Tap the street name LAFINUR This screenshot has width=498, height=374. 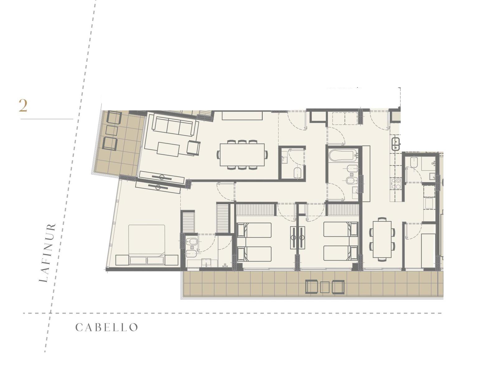click(x=47, y=253)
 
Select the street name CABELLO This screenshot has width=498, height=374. click(x=107, y=327)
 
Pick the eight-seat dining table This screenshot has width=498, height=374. click(x=242, y=155)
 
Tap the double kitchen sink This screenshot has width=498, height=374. click(x=396, y=144)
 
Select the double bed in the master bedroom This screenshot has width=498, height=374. click(x=147, y=244)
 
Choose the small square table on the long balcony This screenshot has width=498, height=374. click(x=325, y=287)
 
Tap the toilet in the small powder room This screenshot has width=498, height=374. click(x=297, y=173)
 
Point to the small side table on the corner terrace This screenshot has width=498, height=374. click(x=112, y=131)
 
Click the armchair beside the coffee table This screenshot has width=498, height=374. click(x=194, y=148)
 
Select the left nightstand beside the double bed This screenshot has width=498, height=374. click(x=122, y=260)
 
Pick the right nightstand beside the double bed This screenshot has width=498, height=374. click(x=171, y=260)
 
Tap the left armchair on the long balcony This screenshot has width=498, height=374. click(x=312, y=287)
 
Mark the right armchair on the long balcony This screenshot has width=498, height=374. click(x=338, y=287)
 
